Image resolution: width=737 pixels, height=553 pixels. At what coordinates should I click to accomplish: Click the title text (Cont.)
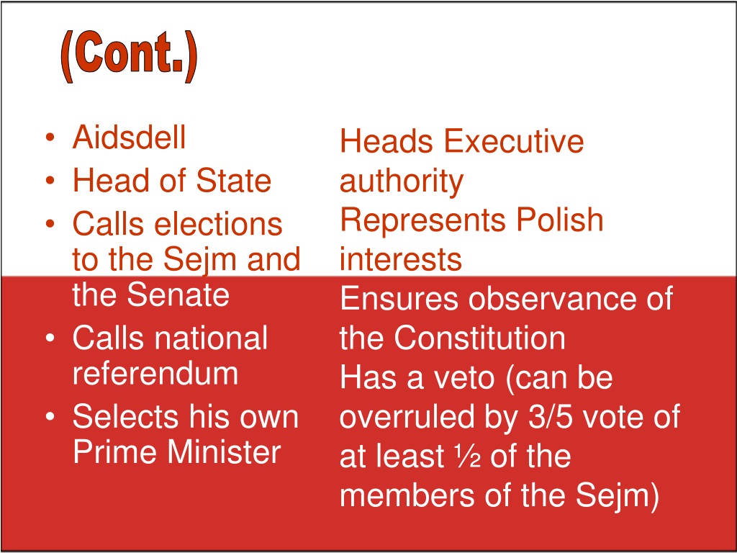point(129,56)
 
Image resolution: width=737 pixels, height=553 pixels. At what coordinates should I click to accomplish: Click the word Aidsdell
point(130,138)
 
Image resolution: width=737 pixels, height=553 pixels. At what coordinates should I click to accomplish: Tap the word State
point(234,181)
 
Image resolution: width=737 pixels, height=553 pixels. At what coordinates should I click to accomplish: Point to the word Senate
point(178,295)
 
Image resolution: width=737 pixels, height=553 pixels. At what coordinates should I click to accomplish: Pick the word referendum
point(155,374)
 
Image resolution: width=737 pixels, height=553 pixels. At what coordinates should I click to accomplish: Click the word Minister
point(225,452)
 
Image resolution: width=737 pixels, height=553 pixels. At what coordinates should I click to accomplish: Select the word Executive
point(514,141)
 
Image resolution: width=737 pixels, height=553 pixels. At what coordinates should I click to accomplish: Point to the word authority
point(402,182)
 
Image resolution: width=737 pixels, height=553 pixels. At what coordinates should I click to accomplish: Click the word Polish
point(560,220)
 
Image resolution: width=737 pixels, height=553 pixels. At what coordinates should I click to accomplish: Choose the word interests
point(400,259)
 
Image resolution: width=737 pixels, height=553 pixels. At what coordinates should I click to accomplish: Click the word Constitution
point(479,338)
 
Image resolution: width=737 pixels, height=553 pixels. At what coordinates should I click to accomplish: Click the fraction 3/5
point(551,417)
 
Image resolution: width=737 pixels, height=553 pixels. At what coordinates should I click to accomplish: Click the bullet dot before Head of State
point(50,181)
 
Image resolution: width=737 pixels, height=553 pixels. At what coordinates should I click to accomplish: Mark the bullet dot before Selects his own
point(50,417)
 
